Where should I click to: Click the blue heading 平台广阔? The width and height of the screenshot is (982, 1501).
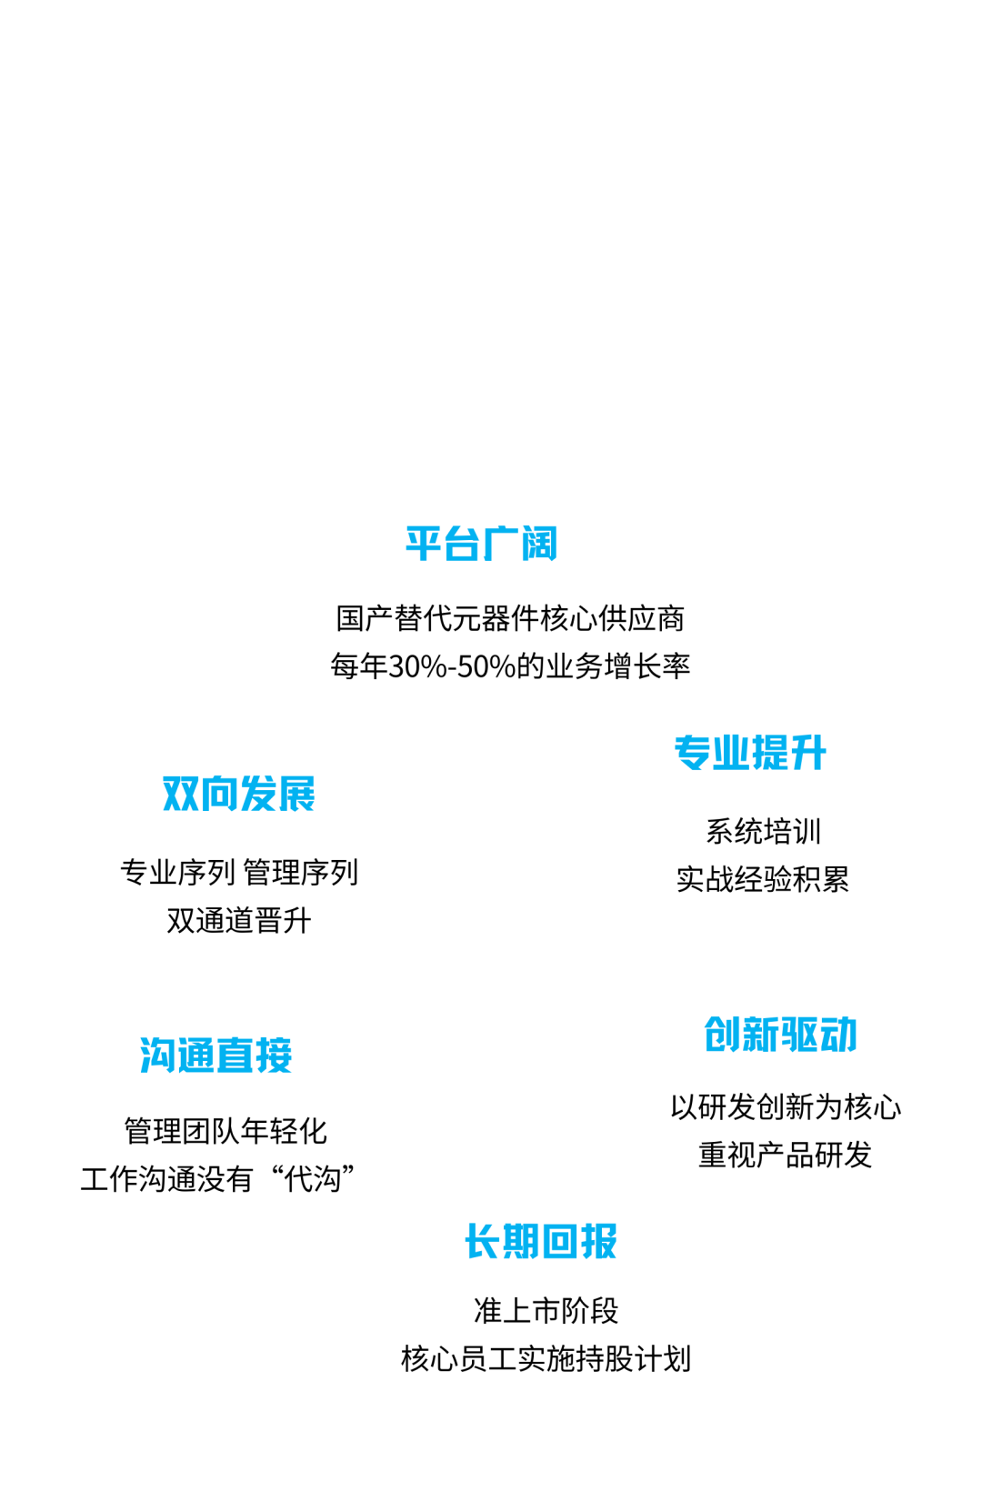coord(481,544)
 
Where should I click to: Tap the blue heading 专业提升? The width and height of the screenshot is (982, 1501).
coord(750,753)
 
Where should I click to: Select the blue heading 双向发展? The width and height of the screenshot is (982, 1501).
coord(238,794)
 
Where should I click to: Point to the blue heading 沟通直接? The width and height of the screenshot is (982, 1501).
coord(215,1056)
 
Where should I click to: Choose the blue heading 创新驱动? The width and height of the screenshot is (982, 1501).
coord(781,1035)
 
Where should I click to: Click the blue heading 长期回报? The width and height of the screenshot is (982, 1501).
coord(541,1241)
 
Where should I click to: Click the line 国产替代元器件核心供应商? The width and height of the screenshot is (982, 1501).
coord(510,618)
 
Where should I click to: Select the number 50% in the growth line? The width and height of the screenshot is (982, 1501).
coord(486,666)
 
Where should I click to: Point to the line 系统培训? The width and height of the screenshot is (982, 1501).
coord(763,832)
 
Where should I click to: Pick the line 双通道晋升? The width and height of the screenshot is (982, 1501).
coord(238,921)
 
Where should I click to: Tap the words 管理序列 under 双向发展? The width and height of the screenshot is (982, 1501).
coord(300,873)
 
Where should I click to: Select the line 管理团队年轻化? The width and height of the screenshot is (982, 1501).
coord(225,1132)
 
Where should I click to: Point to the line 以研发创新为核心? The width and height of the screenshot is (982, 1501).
coord(786,1107)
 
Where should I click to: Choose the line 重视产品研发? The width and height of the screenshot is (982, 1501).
coord(786,1156)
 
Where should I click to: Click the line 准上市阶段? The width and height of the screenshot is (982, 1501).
coord(546,1311)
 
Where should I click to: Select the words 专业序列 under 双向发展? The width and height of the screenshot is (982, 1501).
coord(177,873)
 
